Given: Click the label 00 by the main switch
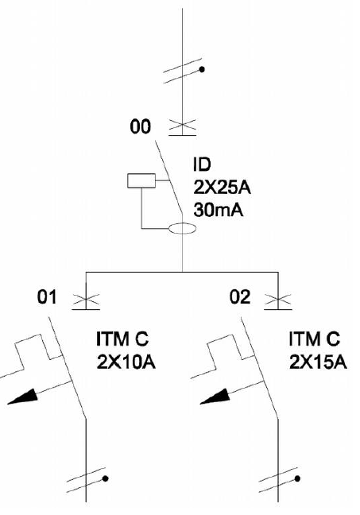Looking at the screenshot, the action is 140,126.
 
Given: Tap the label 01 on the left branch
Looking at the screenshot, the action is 47,297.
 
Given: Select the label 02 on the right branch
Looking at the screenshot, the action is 240,297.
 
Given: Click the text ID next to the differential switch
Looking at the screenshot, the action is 201,165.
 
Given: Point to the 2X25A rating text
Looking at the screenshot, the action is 222,188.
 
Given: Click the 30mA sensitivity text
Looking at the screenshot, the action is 219,210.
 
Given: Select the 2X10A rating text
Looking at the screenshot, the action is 126,362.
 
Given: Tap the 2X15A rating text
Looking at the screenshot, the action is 318,362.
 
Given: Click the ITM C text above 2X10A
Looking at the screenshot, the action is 122,339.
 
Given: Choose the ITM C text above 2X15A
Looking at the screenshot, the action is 315,339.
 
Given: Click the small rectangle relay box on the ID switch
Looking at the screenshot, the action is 141,180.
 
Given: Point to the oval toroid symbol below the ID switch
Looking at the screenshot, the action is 182,228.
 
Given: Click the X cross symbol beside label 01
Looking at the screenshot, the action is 86,299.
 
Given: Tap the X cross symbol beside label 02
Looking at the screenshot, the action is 278,299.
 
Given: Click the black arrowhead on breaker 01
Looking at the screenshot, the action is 24,397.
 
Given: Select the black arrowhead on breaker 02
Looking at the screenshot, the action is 216,397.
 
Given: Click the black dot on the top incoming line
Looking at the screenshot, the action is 202,69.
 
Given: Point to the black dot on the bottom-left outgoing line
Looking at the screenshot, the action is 105,478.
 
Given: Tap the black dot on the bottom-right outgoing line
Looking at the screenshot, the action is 297,478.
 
